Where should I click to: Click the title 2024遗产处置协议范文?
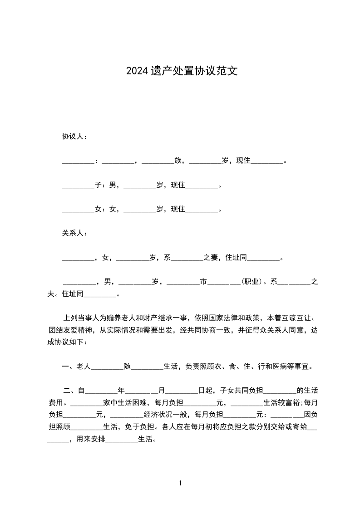tap(182, 71)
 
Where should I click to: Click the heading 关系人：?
tap(75, 233)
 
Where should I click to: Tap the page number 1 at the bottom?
tap(180, 483)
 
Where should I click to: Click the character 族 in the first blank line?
tap(178, 161)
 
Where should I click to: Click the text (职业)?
tap(251, 282)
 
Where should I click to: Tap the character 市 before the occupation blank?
tap(203, 282)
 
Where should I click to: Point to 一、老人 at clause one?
tap(76, 366)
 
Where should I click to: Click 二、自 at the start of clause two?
tap(74, 390)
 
